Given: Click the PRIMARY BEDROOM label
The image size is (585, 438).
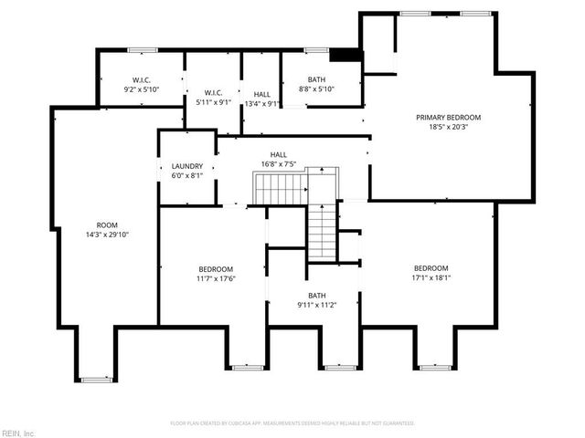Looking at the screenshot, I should point(448,118).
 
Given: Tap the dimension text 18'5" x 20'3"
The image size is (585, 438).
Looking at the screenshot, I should point(448,128).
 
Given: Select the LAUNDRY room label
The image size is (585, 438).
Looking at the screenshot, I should point(186,166).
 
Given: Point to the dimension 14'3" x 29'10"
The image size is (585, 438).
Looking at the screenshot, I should point(107,235).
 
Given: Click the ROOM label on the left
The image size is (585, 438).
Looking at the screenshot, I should point(107,224).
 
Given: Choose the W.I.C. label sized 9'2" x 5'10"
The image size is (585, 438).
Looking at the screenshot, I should point(141,79).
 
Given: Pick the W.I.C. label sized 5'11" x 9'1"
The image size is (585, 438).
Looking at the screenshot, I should point(213,93).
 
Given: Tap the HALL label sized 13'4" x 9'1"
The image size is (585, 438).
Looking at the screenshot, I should point(261,94).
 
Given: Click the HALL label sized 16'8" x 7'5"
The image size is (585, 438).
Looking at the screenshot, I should point(278,154).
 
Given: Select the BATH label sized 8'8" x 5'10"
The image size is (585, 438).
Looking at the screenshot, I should point(317,79).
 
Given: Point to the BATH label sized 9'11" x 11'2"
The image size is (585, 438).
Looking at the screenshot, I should point(316,295).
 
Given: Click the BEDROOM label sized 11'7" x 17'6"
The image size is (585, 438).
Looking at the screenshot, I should point(217,268).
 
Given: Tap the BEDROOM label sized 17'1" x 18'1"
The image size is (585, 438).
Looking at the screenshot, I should point(431,267).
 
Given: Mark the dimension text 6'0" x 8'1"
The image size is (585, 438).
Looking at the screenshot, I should point(186,176).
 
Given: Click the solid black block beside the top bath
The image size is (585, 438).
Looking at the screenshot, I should point(346,56).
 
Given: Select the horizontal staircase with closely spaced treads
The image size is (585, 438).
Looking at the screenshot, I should point(280,190).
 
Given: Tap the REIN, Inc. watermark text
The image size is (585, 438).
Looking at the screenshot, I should point(18,433).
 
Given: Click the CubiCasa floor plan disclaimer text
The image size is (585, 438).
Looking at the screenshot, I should point(292,423).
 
